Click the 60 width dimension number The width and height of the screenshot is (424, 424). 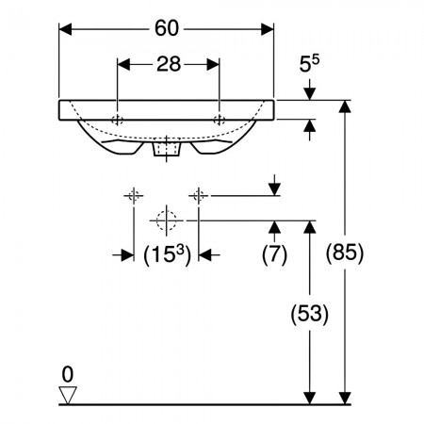pos(167,28)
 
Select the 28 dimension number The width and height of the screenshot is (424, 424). pos(169,64)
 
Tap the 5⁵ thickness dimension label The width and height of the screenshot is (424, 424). pos(309,63)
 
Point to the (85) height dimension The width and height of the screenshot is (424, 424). pos(345,253)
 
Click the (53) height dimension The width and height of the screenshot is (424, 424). pos(310,314)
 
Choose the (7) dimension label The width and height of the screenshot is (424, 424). pos(274,254)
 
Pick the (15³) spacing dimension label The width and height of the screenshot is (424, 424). pos(167,255)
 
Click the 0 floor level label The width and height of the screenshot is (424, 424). pos(68,374)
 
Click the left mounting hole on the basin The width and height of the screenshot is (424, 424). pos(117,120)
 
